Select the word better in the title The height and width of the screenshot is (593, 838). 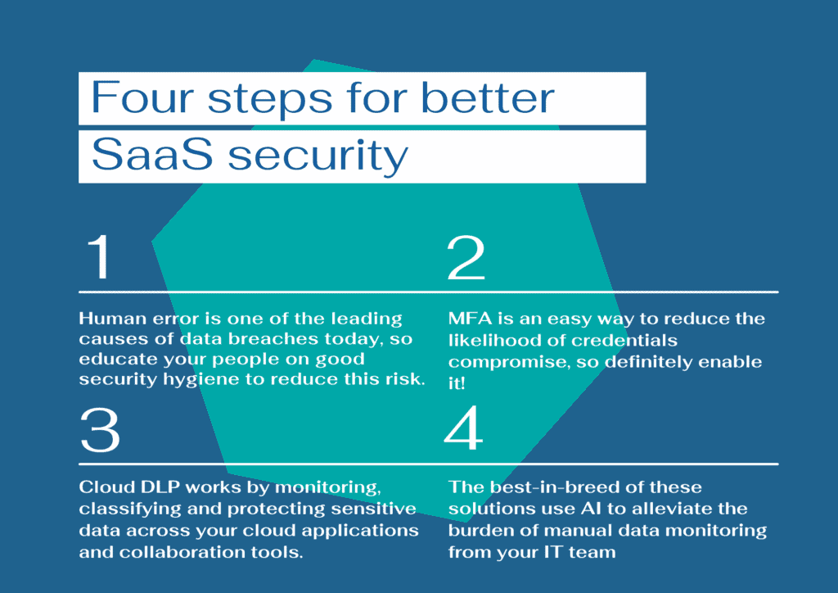coord(488,97)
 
